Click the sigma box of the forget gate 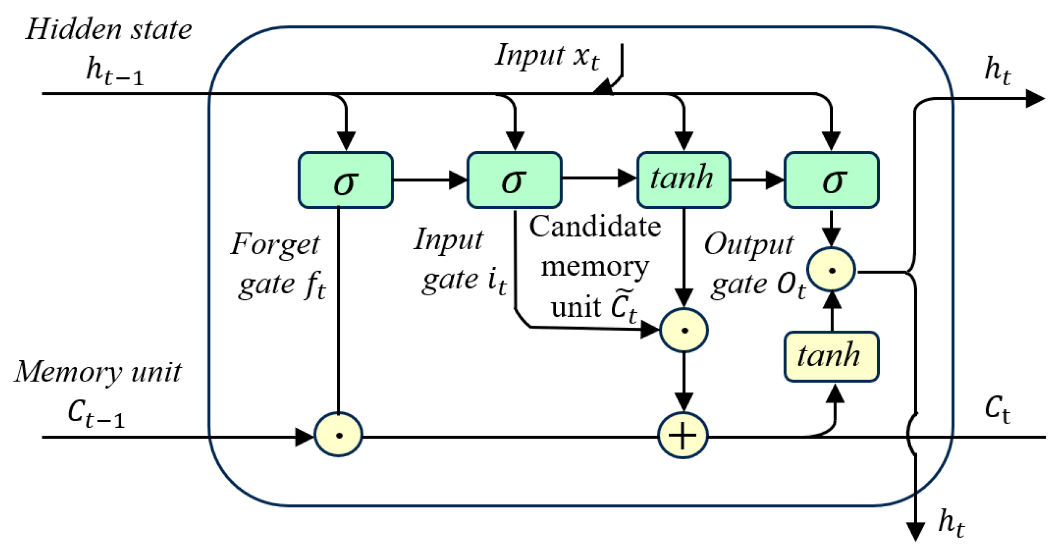pyautogui.click(x=345, y=180)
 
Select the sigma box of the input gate pyautogui.click(x=514, y=180)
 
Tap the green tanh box pyautogui.click(x=683, y=180)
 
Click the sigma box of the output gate pyautogui.click(x=831, y=180)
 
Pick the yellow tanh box pyautogui.click(x=831, y=356)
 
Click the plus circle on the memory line pyautogui.click(x=682, y=436)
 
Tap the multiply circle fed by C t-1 pyautogui.click(x=338, y=434)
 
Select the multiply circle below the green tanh pyautogui.click(x=684, y=330)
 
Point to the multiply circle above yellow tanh pyautogui.click(x=831, y=269)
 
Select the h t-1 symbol pyautogui.click(x=114, y=71)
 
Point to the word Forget pyautogui.click(x=275, y=245)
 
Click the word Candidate pyautogui.click(x=594, y=227)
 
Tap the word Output pyautogui.click(x=749, y=245)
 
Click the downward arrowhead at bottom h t pyautogui.click(x=915, y=531)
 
